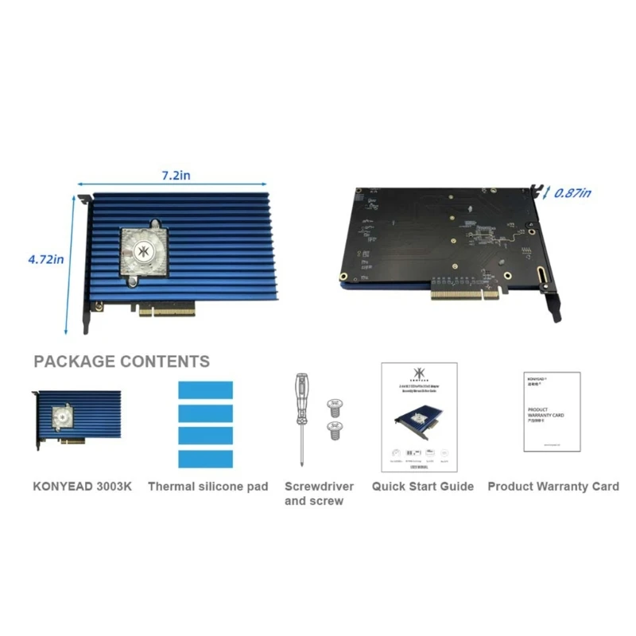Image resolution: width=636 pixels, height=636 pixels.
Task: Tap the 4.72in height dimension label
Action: click(46, 258)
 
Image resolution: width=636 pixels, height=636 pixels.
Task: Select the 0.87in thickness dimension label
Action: click(572, 192)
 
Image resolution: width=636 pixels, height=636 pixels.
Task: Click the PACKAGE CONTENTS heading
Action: click(122, 362)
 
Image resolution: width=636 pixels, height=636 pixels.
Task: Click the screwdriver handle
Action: click(301, 393)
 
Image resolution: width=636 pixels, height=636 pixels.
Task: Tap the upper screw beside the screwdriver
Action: click(335, 405)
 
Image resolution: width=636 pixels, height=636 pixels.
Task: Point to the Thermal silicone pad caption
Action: click(208, 486)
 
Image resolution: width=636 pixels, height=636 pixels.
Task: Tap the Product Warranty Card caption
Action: click(553, 486)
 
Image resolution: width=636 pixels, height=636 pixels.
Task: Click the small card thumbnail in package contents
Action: click(77, 419)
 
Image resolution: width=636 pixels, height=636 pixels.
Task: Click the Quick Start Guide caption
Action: click(422, 486)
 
